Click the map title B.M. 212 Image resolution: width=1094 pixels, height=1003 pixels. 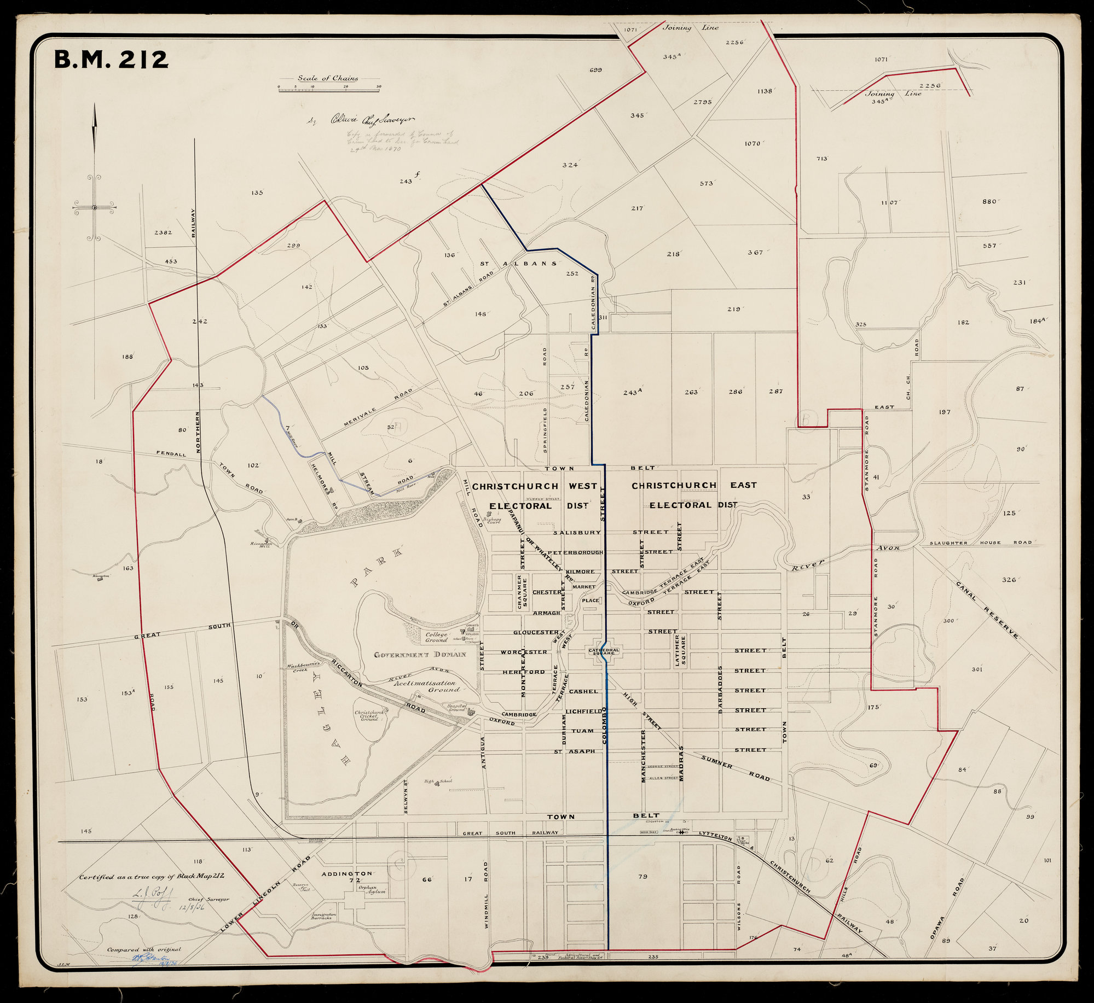pyautogui.click(x=111, y=60)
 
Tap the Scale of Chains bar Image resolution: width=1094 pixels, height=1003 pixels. pyautogui.click(x=329, y=89)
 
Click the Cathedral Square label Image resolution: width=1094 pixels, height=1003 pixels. pyautogui.click(x=604, y=651)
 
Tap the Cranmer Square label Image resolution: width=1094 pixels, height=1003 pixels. pyautogui.click(x=522, y=592)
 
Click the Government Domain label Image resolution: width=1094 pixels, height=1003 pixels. pyautogui.click(x=420, y=655)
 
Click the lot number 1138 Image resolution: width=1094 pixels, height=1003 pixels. pyautogui.click(x=765, y=91)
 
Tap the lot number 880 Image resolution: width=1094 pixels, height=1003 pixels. pyautogui.click(x=989, y=202)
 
